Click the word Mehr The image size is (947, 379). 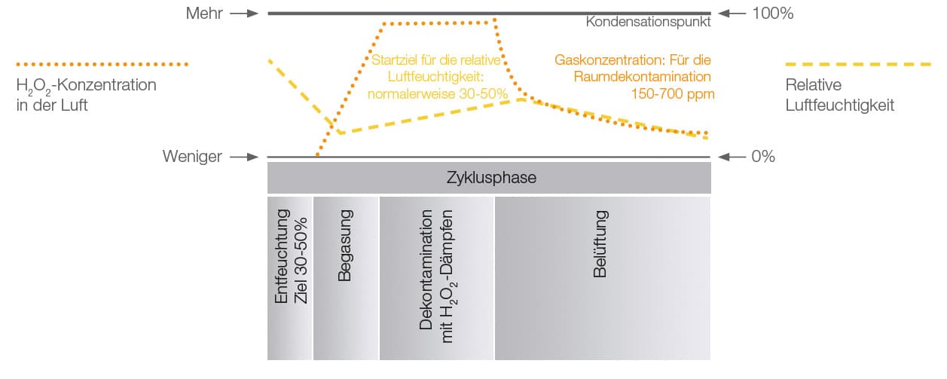coord(204,14)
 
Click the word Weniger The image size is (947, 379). coord(192,157)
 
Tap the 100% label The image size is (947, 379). coord(772,14)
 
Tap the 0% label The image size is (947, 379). coord(763,157)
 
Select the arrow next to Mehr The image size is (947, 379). coord(243,14)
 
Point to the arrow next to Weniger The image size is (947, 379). coord(243,157)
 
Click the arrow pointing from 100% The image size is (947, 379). coord(732,14)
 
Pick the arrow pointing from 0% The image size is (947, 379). coord(732,157)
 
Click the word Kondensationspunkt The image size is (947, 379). coord(648,23)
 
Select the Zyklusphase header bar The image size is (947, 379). coord(489,178)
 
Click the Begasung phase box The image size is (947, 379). coord(345,278)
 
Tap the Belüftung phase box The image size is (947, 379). coord(602,278)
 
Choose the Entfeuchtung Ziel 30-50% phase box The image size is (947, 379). coord(290,278)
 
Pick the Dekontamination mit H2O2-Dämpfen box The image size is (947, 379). coord(437,278)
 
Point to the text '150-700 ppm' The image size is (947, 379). coord(673,94)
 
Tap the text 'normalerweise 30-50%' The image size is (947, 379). coord(437,94)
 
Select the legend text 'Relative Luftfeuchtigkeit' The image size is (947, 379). coord(839,95)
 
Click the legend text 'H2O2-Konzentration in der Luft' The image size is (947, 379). coord(86,95)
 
